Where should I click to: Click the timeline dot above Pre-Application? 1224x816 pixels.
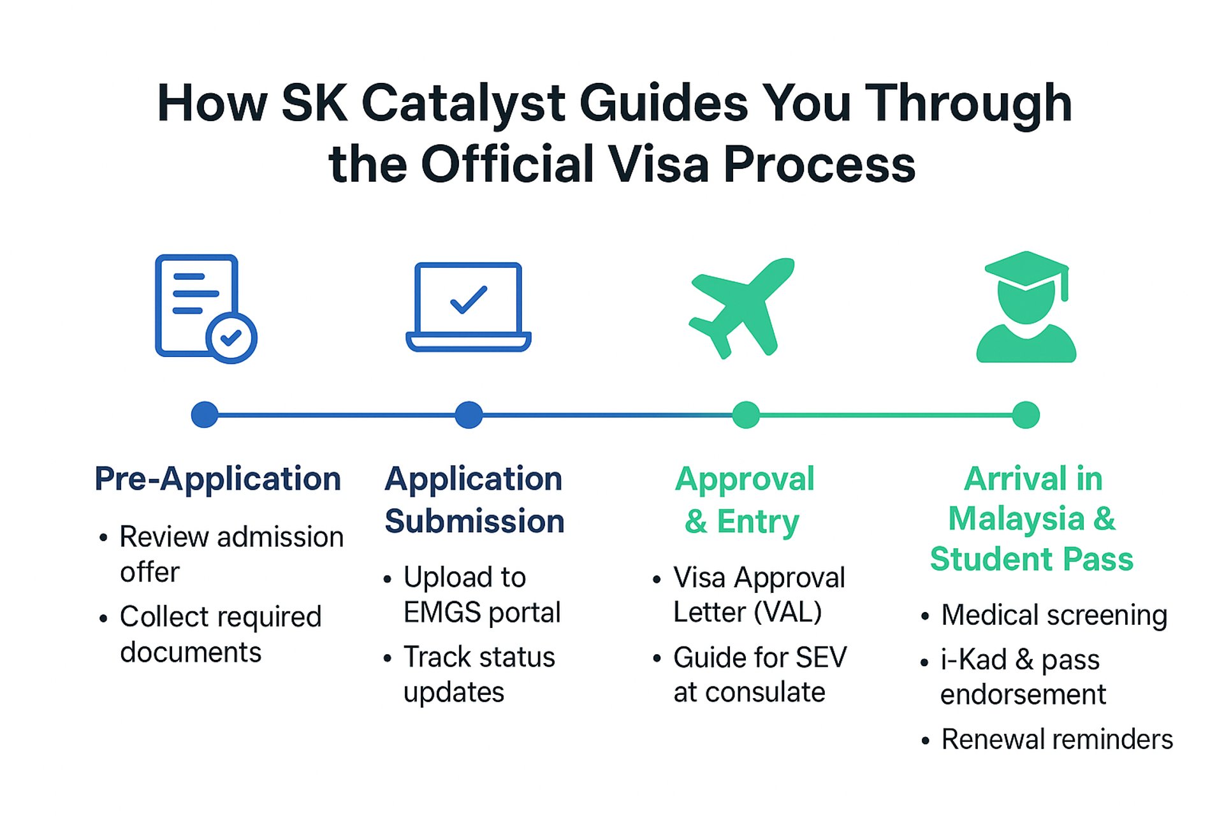coord(205,415)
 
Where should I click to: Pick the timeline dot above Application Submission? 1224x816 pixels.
coord(469,415)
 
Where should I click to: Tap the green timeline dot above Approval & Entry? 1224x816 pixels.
coord(746,415)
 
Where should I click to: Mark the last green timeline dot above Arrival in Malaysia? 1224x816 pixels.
coord(1026,415)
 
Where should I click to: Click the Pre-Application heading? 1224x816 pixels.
coord(218,479)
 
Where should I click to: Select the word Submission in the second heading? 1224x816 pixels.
coord(475,521)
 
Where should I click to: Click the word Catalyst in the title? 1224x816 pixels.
coord(463,103)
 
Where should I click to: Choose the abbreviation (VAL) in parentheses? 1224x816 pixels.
coord(788,613)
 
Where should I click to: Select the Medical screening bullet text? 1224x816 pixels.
coord(1054,616)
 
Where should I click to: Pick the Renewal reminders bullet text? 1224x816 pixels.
coord(1057,739)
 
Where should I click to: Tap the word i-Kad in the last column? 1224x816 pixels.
coord(973,660)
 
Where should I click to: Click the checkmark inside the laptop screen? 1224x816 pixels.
coord(469,300)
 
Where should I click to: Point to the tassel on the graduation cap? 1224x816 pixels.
coord(1064,284)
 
